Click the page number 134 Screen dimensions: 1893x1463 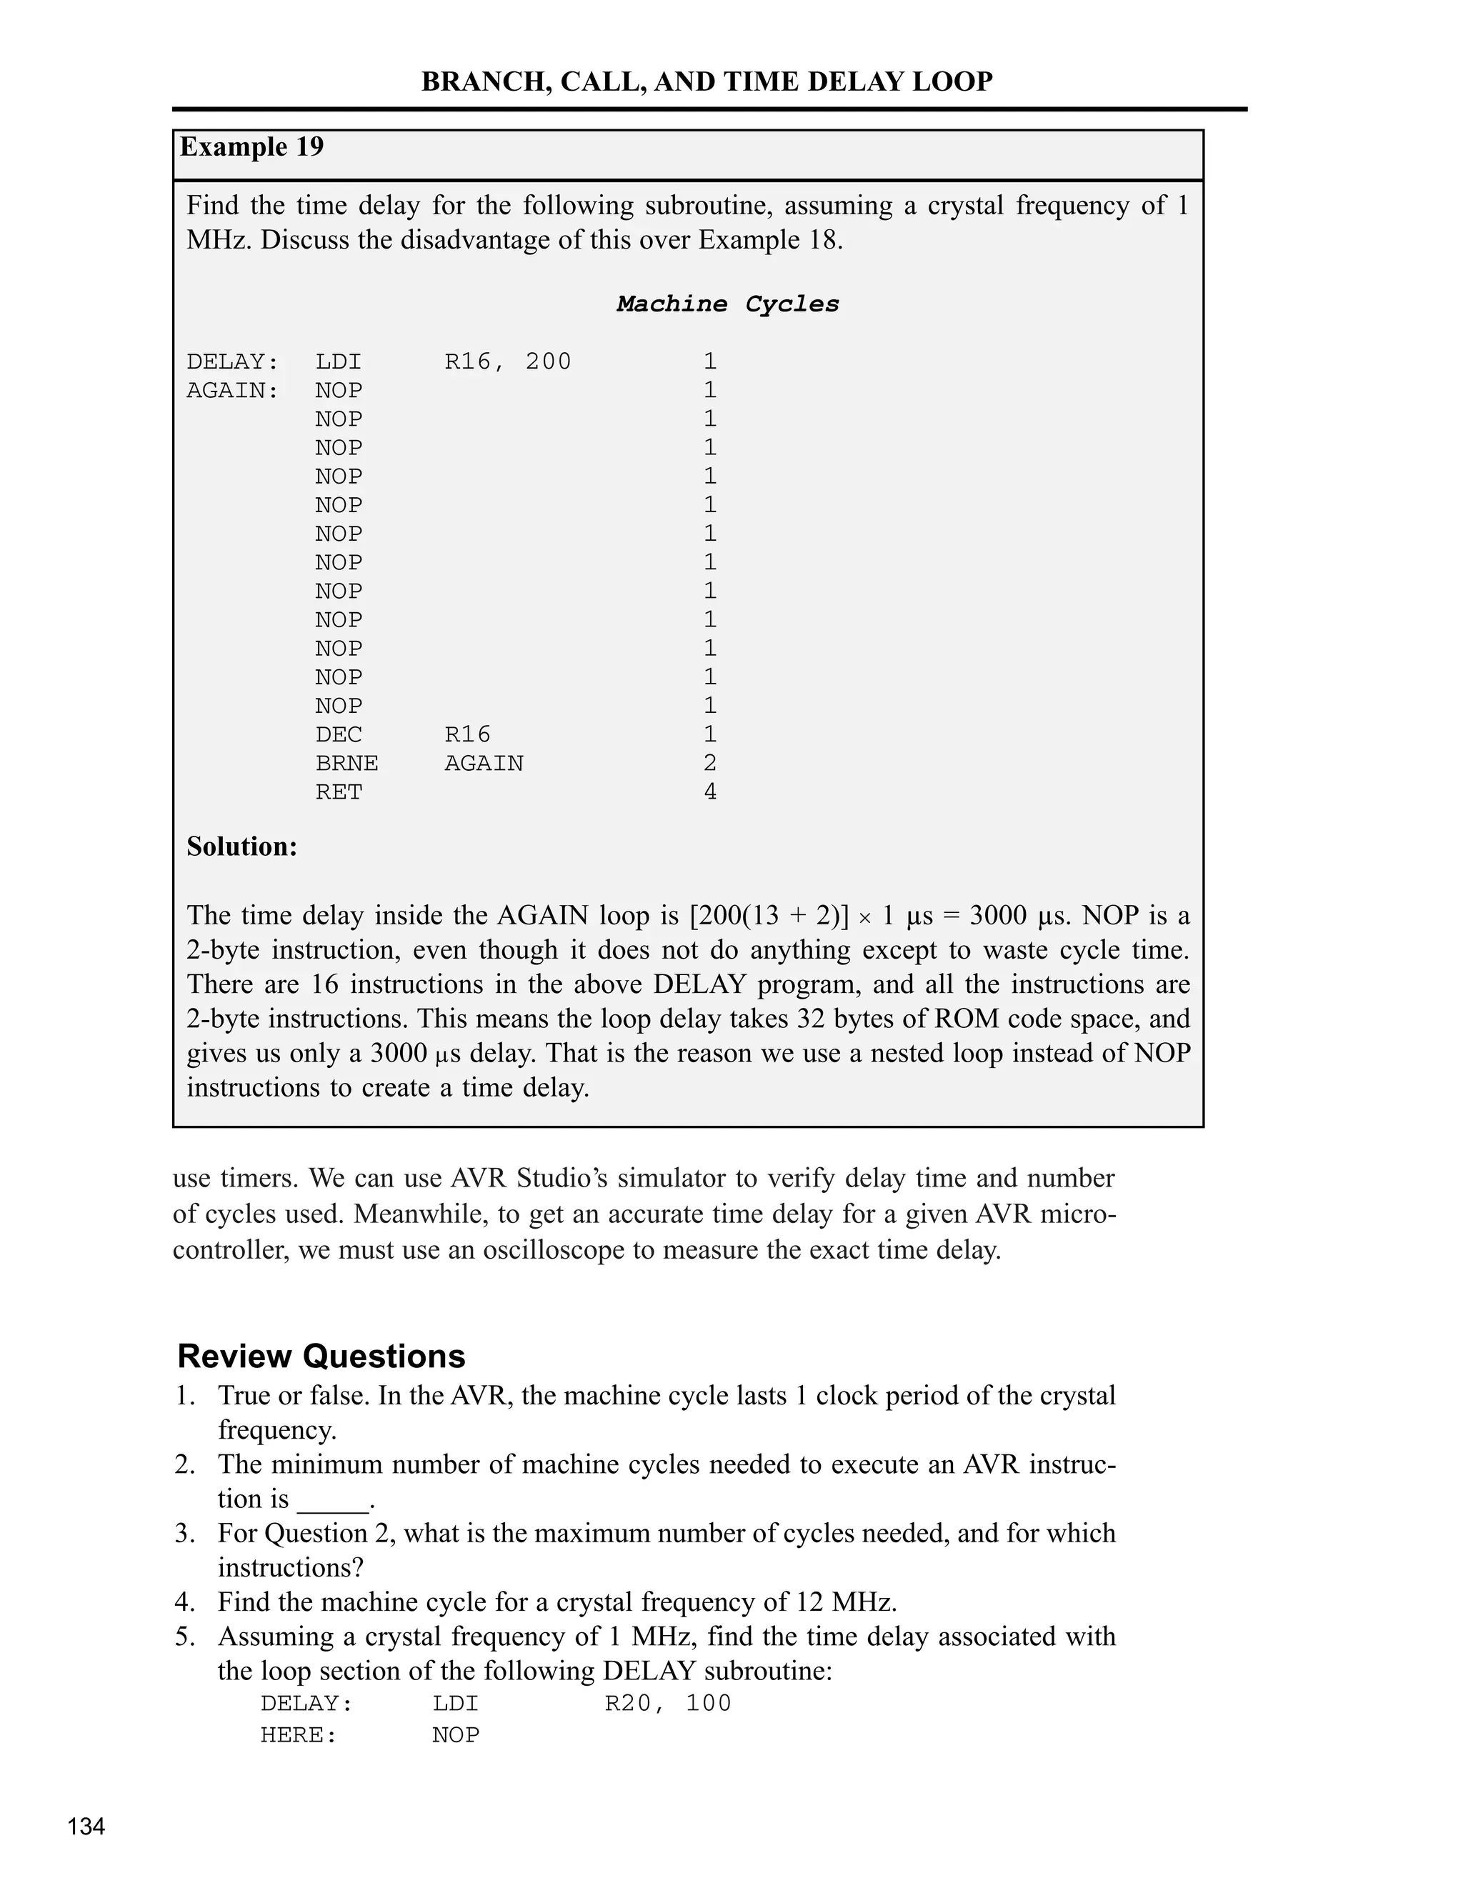coord(86,1827)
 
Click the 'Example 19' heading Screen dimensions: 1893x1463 coord(251,146)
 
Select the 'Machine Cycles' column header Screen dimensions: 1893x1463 coord(727,304)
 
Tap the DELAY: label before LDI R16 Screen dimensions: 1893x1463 coord(232,361)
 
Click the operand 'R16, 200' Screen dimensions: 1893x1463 coord(508,361)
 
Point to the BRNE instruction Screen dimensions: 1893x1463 coord(346,763)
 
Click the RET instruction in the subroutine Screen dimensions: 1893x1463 coord(338,791)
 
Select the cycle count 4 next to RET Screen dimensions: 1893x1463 coord(710,791)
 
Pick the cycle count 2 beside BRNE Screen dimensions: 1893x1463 coord(710,763)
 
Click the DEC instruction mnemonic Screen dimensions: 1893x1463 coord(338,734)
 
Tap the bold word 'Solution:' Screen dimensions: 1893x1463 coord(242,846)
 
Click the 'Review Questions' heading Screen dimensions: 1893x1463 coord(321,1356)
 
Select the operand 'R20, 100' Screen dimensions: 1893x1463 coord(667,1703)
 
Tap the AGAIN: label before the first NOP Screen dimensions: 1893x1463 coord(232,390)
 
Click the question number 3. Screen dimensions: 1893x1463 coord(184,1533)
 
